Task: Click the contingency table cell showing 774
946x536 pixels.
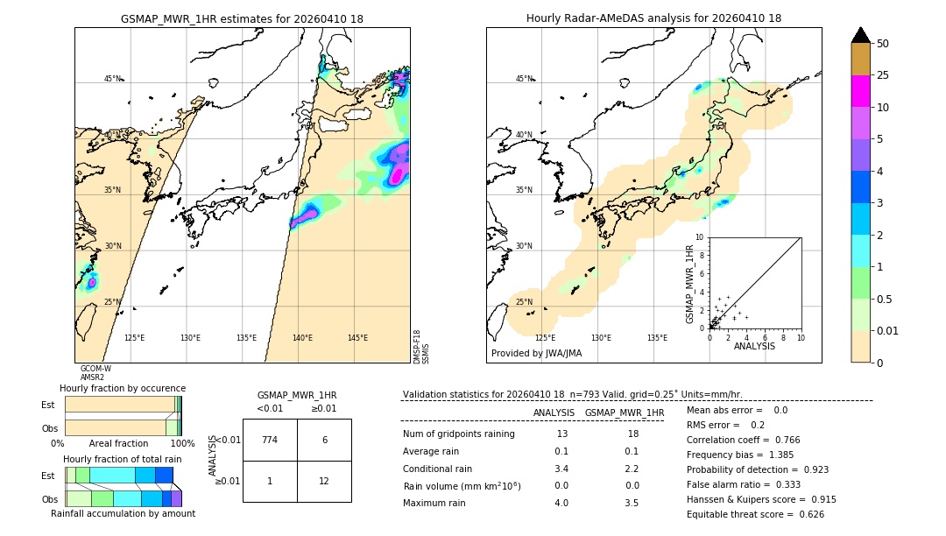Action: (270, 440)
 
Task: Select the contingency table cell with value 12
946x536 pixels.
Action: (324, 481)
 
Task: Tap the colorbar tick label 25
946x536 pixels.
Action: (883, 75)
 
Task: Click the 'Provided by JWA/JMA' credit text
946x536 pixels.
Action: (536, 354)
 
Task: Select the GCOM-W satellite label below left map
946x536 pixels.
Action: (95, 369)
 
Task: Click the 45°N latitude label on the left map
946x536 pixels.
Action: (113, 79)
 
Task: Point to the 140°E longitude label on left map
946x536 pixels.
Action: (302, 338)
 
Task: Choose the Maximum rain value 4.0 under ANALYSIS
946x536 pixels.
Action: (561, 503)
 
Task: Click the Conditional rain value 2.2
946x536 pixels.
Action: (632, 469)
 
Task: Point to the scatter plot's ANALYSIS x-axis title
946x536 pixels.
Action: (754, 347)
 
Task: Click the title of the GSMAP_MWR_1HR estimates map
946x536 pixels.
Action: (242, 18)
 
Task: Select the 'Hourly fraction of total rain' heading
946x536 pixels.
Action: (123, 460)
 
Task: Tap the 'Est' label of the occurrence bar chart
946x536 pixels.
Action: (48, 405)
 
